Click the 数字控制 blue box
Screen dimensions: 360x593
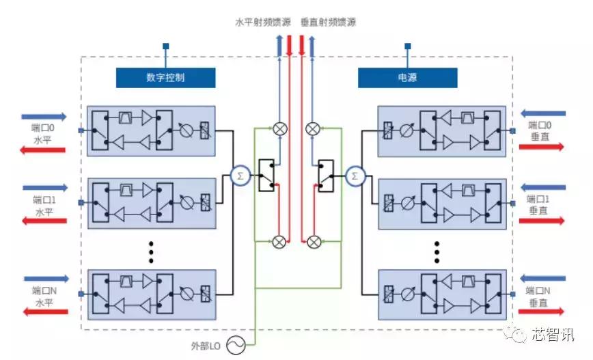(165, 78)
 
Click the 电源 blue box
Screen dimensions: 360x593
(406, 78)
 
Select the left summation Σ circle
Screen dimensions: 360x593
(239, 176)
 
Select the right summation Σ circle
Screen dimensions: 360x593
(354, 176)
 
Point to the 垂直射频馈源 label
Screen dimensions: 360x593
(328, 22)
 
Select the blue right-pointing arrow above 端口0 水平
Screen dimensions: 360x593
(44, 117)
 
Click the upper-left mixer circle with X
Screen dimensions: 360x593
(279, 128)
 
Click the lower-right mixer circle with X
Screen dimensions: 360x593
(314, 241)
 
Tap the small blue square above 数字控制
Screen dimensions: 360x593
(165, 46)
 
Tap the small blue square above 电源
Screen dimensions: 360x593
(407, 46)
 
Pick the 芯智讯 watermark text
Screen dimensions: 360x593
(553, 334)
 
